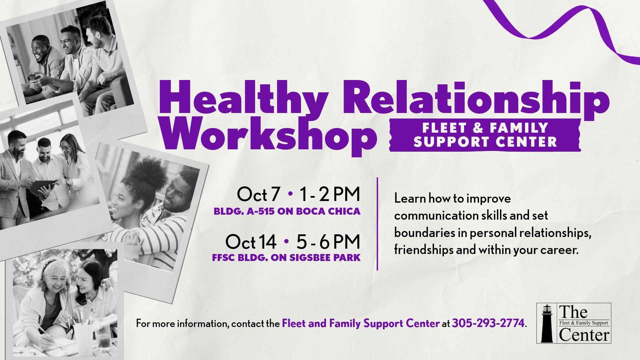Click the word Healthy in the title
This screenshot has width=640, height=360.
pyautogui.click(x=244, y=97)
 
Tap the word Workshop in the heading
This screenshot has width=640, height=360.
pyautogui.click(x=268, y=135)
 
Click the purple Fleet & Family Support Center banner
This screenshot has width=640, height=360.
pyautogui.click(x=485, y=135)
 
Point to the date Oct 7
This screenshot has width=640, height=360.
pyautogui.click(x=258, y=194)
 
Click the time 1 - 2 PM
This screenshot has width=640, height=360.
pyautogui.click(x=330, y=194)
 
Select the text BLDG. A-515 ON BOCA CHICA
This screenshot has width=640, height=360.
pyautogui.click(x=287, y=211)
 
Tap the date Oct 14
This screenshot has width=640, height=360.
pyautogui.click(x=251, y=242)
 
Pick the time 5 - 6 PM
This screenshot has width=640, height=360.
pyautogui.click(x=328, y=242)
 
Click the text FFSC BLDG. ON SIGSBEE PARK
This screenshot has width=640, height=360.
pyautogui.click(x=286, y=258)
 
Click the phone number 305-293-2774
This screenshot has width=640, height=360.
pyautogui.click(x=488, y=323)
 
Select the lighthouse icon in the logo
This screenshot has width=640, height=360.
pyautogui.click(x=547, y=323)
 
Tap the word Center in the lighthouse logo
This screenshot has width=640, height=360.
pyautogui.click(x=584, y=335)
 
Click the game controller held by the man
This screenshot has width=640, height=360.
pyautogui.click(x=34, y=77)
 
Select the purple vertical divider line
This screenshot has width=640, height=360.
pyautogui.click(x=377, y=224)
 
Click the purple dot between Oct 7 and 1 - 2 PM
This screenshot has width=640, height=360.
pyautogui.click(x=290, y=193)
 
